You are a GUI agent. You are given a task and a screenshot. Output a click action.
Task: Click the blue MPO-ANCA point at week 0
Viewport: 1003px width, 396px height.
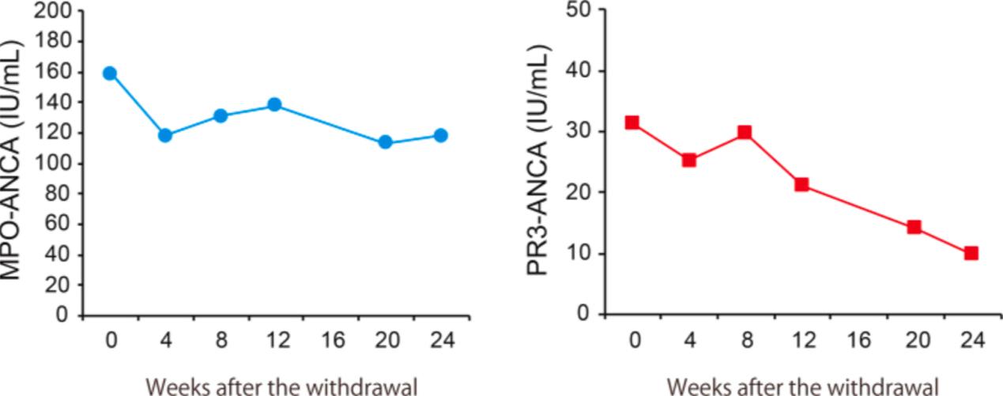coord(110,74)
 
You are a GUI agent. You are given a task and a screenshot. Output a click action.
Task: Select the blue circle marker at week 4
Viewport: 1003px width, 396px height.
coord(165,135)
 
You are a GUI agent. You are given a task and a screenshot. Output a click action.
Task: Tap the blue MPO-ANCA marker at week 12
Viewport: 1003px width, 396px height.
coord(275,104)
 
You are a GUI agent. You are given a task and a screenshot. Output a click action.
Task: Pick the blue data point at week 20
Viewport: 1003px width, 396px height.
coord(386,142)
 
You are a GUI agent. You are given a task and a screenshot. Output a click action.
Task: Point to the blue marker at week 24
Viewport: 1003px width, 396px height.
coord(441,135)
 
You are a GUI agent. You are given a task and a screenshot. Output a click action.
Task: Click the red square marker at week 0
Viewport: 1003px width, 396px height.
coord(632,123)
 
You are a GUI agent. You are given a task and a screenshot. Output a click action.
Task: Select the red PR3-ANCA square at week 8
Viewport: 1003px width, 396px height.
coord(744,132)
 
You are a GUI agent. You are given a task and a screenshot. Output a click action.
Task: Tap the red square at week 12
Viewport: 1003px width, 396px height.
coord(801,184)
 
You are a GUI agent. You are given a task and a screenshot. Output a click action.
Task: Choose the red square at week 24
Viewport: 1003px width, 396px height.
coord(971,253)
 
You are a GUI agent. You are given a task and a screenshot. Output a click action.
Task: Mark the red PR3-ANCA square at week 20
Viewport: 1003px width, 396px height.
coord(914,227)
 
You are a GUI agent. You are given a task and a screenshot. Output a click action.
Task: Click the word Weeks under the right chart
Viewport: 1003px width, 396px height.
coord(696,387)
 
